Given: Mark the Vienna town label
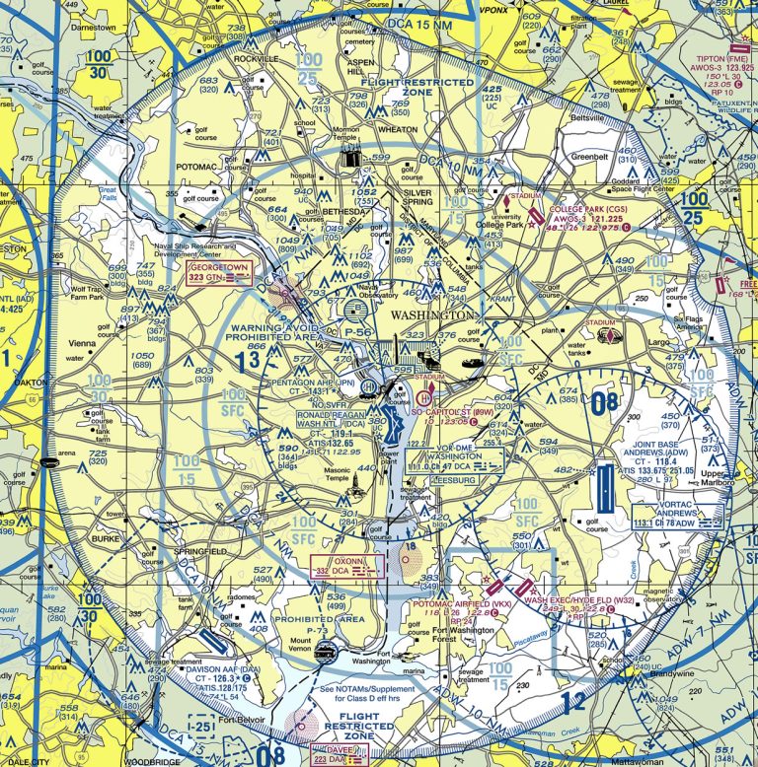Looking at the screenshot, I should pos(82,343).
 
